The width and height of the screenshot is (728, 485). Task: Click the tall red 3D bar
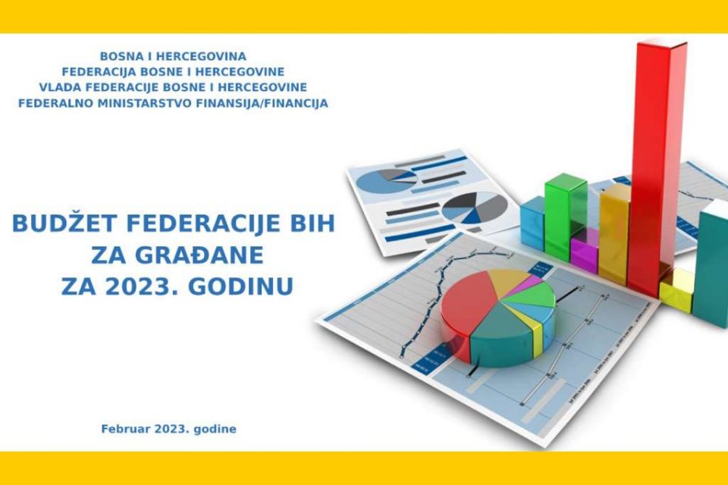pos(655,167)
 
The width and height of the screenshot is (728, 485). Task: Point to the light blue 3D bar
pos(532,222)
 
